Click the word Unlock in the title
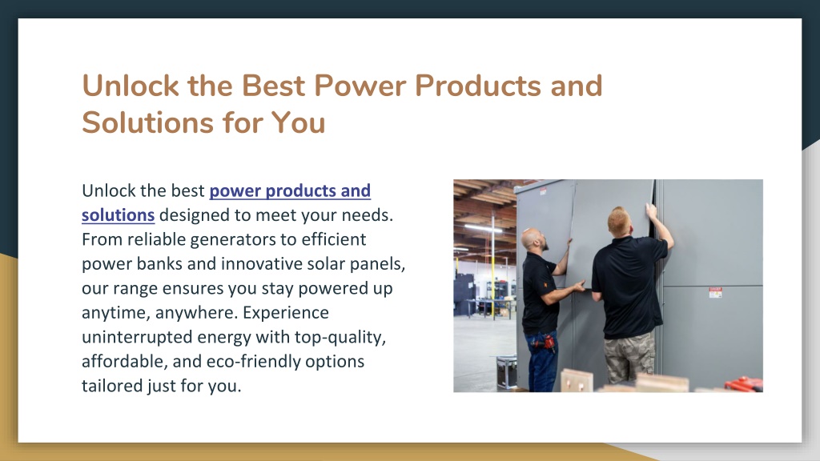pos(131,86)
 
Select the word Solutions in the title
pos(147,122)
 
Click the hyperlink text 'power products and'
pos(290,190)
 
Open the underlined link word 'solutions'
pos(119,214)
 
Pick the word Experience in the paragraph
pos(286,313)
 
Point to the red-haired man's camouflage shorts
pos(629,356)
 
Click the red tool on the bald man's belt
pos(548,343)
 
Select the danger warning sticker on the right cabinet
pos(715,292)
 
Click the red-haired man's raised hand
pos(650,210)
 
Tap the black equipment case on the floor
pos(506,371)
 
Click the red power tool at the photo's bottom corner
pos(743,384)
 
